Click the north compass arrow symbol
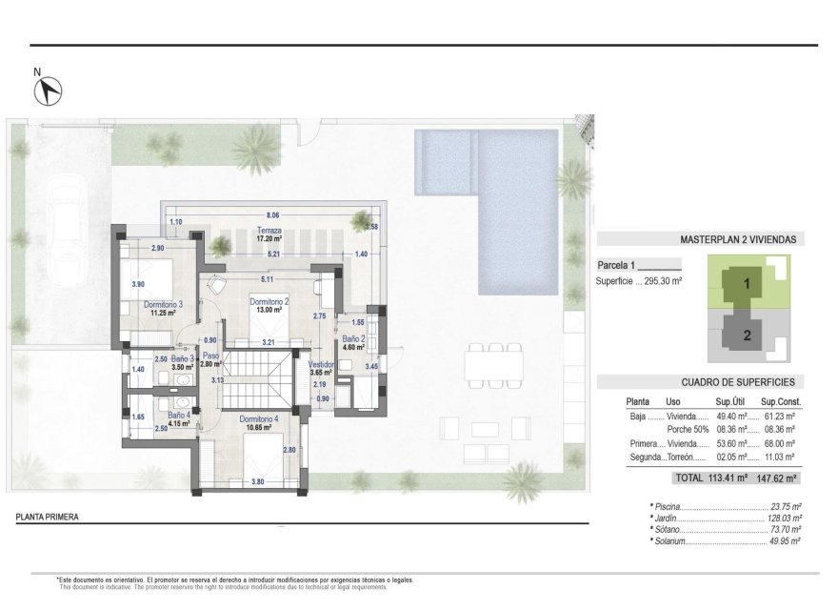click(49, 91)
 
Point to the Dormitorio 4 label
click(258, 418)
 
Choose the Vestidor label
click(322, 364)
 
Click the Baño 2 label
click(352, 338)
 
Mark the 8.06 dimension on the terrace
click(273, 215)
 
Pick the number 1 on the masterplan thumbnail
click(748, 283)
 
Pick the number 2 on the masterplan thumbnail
click(748, 335)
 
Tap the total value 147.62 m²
click(776, 478)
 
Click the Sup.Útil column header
click(728, 401)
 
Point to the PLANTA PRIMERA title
click(48, 518)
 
